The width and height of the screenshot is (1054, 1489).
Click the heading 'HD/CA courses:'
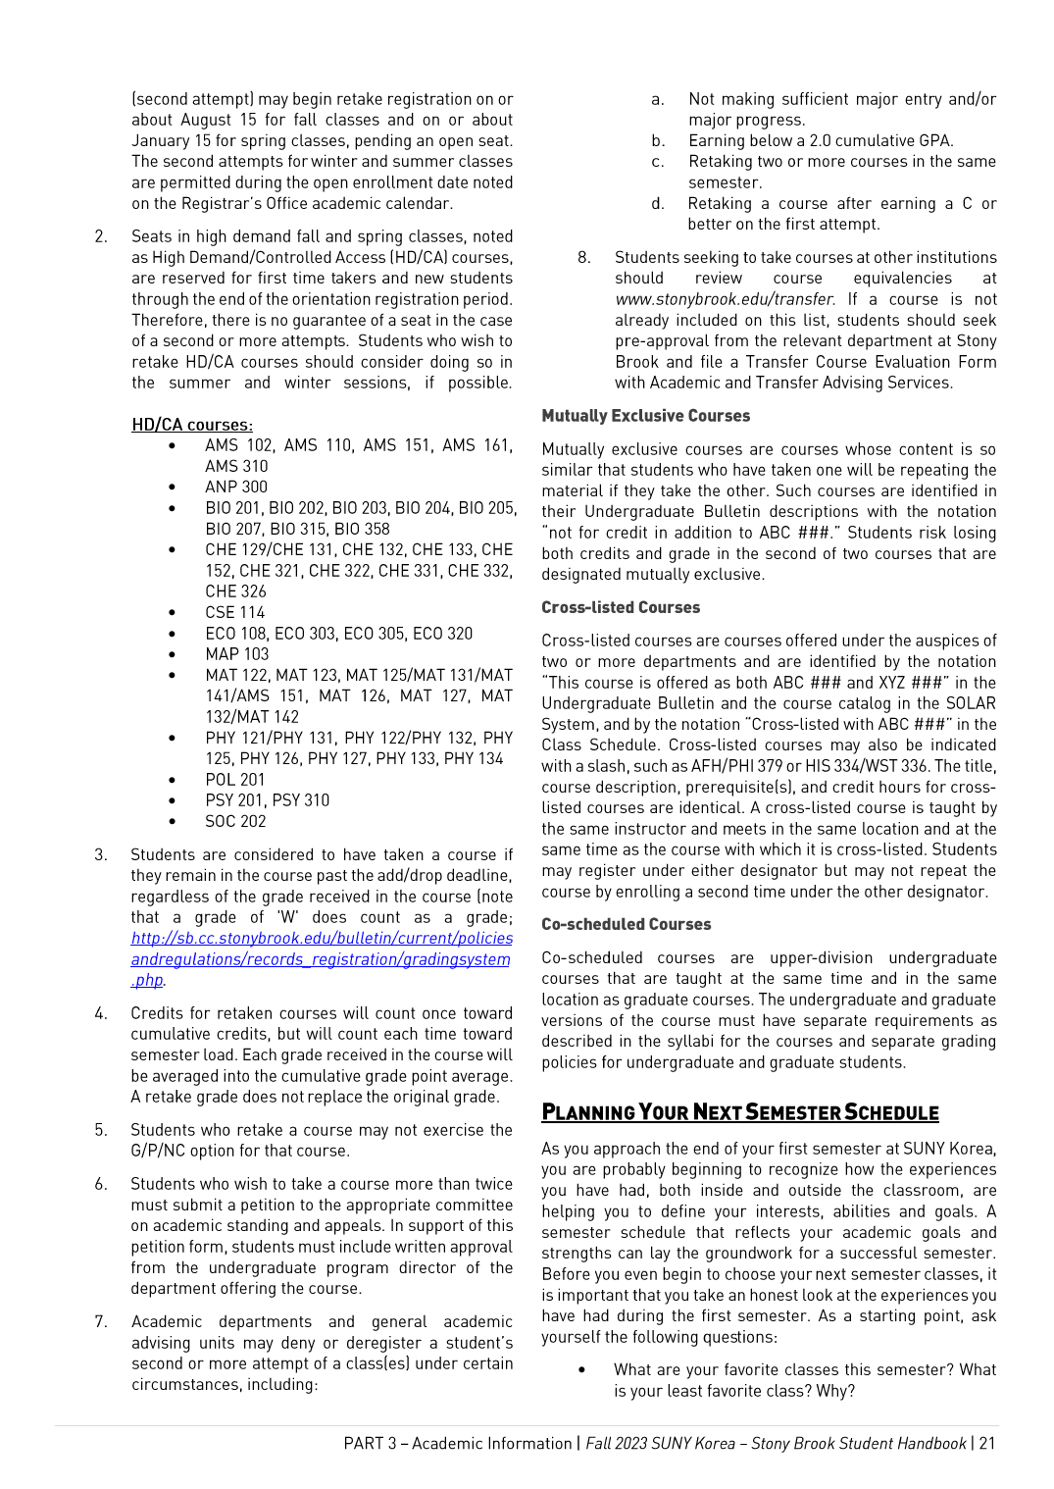tap(192, 425)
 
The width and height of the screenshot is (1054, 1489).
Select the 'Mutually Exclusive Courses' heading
tap(645, 416)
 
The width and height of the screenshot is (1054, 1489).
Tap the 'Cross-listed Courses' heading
tap(621, 607)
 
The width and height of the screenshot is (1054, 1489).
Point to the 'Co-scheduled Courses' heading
tap(626, 924)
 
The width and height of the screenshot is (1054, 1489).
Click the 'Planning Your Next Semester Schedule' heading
tap(740, 1112)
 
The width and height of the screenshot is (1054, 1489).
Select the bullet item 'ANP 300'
tap(236, 487)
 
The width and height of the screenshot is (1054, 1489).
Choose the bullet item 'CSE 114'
tap(235, 612)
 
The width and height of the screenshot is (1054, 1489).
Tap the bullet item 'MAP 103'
tap(237, 654)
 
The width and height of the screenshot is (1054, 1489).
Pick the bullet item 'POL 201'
tap(235, 780)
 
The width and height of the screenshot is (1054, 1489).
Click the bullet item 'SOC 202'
tap(235, 821)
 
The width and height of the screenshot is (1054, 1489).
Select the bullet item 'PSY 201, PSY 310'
tap(268, 800)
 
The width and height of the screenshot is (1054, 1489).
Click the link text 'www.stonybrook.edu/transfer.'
tap(726, 299)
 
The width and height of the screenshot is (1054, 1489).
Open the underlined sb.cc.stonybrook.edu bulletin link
tap(322, 958)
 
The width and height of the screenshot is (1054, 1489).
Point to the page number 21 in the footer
tap(987, 1443)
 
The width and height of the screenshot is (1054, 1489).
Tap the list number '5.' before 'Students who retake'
tap(101, 1130)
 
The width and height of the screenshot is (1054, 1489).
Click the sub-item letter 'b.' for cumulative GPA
tap(658, 140)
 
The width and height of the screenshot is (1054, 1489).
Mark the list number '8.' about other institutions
tap(583, 257)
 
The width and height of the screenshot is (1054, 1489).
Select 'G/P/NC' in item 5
tap(158, 1151)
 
